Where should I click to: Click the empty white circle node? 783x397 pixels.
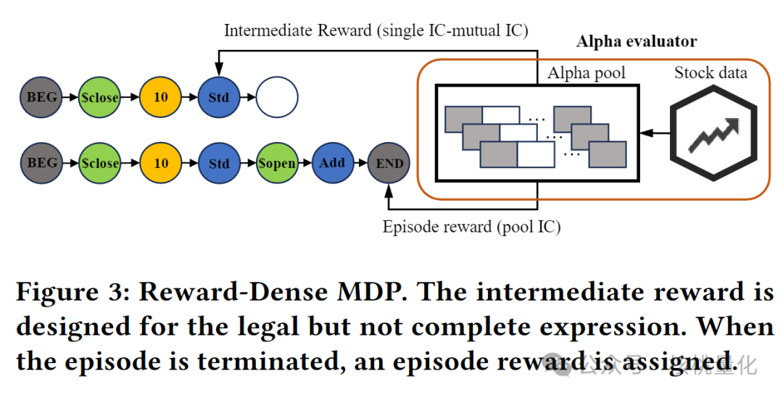click(277, 97)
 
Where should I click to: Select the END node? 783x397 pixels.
click(389, 163)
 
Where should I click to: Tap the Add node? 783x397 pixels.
click(332, 163)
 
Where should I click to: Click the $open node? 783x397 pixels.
click(277, 163)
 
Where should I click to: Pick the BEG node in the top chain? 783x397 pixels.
click(41, 97)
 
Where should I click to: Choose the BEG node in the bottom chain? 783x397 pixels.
click(41, 163)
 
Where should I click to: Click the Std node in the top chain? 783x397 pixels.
click(219, 97)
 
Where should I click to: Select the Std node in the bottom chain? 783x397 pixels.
click(219, 163)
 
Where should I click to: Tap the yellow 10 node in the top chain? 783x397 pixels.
click(161, 97)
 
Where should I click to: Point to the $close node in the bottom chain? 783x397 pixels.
click(99, 163)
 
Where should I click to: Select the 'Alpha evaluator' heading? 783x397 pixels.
click(636, 42)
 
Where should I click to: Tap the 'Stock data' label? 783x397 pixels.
click(710, 72)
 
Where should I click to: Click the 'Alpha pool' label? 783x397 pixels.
click(587, 72)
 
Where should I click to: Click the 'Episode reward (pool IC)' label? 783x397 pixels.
click(471, 226)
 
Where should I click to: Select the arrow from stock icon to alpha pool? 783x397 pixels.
click(655, 133)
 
